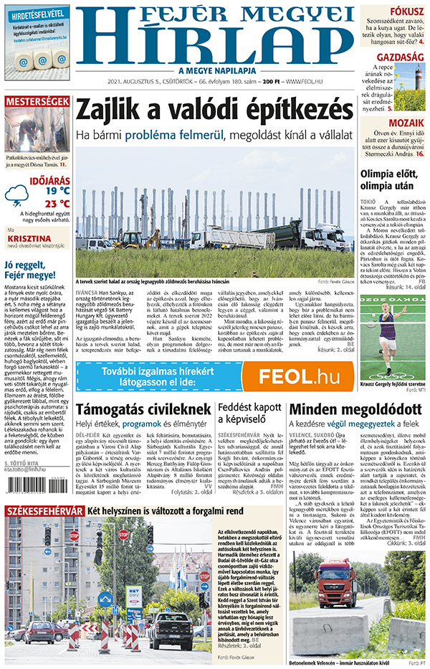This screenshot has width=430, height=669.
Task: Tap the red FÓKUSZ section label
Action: pos(406,11)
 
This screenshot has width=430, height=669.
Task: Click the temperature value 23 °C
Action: pos(57,203)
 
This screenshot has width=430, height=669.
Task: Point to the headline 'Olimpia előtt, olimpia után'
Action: pos(393,180)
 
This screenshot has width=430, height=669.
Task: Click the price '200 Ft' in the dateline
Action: pos(271,82)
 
